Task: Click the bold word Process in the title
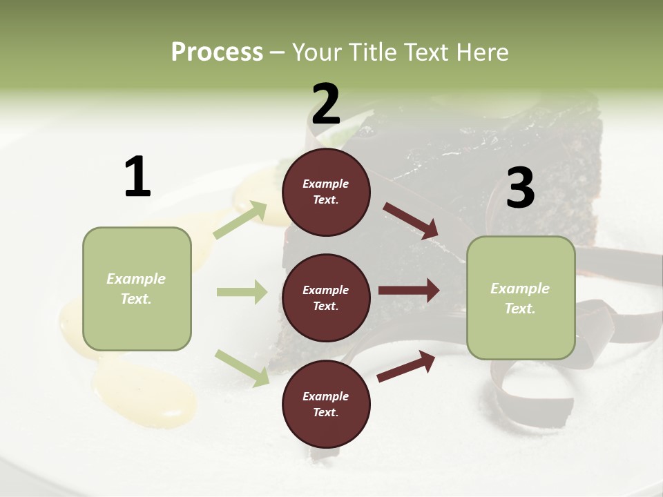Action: (x=217, y=52)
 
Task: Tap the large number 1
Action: (x=137, y=177)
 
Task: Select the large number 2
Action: (x=326, y=104)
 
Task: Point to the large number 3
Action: (x=520, y=188)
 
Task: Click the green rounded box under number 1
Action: (x=137, y=289)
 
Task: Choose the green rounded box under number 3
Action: (x=521, y=298)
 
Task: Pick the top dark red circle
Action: (x=326, y=192)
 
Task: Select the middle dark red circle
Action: (x=326, y=298)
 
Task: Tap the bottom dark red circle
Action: (x=326, y=404)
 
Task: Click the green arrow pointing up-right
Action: (x=240, y=220)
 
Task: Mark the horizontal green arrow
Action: (x=242, y=292)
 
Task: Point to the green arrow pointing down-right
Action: (x=242, y=368)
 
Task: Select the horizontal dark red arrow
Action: (x=409, y=290)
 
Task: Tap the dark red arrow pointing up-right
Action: (x=407, y=367)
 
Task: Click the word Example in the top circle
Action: (x=326, y=184)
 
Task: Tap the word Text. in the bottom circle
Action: (x=326, y=412)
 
